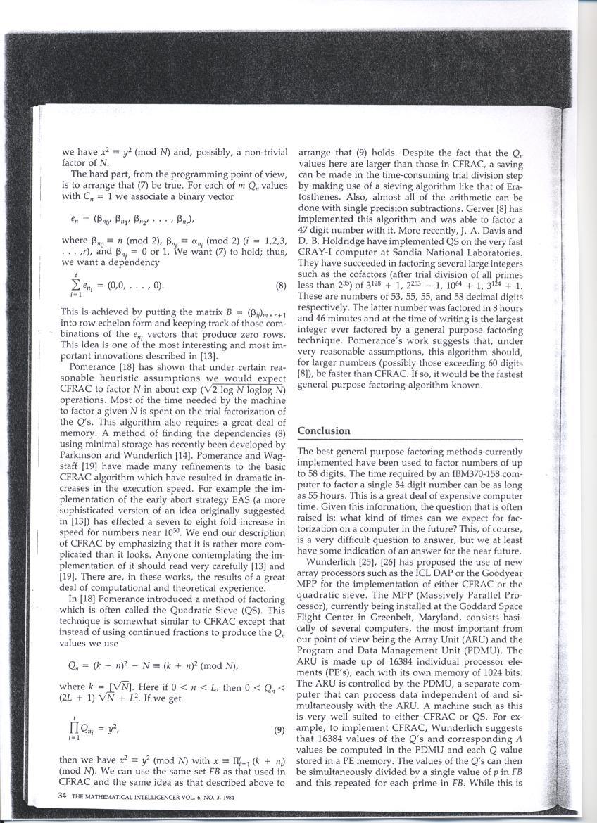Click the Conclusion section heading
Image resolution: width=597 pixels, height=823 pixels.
324,430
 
